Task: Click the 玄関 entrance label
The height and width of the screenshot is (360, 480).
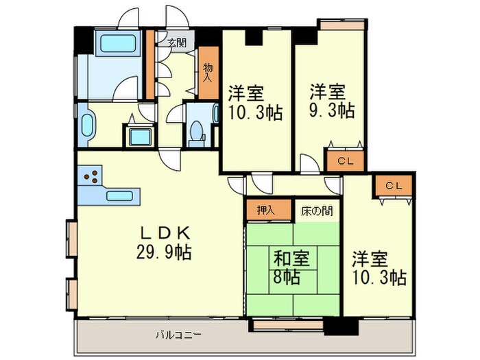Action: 177,43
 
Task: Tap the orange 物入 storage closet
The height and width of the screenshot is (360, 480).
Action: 208,73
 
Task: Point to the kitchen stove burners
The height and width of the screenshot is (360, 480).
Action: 91,178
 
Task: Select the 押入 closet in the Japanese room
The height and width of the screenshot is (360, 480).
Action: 261,211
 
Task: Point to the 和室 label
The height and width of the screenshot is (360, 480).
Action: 292,259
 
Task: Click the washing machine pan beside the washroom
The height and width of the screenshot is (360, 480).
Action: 140,135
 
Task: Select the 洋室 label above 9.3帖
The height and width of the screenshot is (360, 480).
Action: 326,91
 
